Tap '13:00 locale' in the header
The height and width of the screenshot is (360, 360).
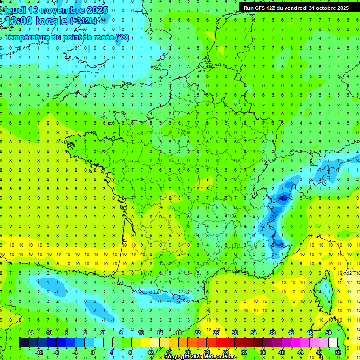[35, 21]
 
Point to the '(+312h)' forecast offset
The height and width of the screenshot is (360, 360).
[85, 21]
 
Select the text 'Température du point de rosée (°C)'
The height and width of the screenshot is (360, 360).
[67, 37]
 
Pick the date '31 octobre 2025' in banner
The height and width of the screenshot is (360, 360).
[329, 8]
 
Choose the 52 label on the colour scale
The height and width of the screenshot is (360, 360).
[337, 352]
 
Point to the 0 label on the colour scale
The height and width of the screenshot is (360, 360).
[93, 352]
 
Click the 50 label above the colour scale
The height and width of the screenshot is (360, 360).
[328, 332]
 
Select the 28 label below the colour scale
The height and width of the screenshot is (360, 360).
[225, 352]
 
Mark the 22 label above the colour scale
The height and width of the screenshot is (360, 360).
[197, 332]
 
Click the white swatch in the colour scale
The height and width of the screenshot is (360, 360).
[333, 343]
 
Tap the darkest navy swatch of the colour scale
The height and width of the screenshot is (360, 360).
[24, 343]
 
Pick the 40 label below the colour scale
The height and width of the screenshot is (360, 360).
[281, 352]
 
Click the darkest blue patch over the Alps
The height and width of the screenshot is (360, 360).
[283, 198]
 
